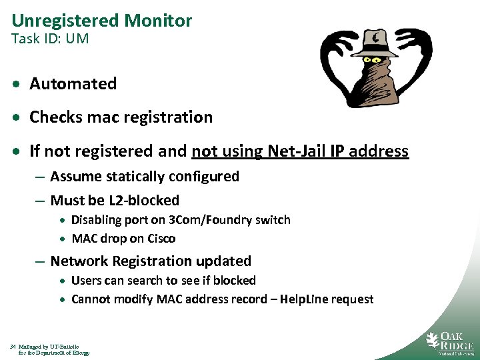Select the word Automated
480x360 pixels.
point(73,84)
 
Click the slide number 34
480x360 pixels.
point(13,347)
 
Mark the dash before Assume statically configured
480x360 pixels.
point(40,177)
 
